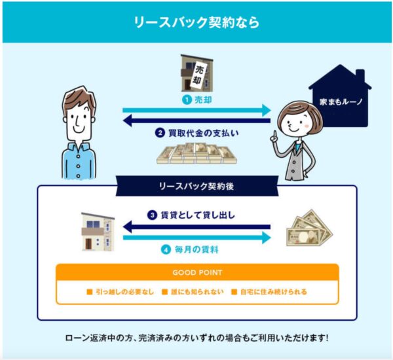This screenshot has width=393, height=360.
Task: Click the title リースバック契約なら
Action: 196,22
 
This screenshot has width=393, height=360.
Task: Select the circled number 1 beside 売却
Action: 187,100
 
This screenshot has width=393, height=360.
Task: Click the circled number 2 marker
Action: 160,133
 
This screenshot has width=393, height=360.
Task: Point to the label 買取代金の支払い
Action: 203,133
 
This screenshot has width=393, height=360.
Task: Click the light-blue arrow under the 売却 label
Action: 196,110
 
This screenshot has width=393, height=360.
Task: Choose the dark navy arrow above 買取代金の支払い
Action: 196,120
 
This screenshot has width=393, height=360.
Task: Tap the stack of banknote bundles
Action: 196,153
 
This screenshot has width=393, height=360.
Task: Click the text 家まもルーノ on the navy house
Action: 341,101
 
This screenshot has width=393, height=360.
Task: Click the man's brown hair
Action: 80,98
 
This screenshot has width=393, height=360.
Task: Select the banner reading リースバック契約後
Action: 197,186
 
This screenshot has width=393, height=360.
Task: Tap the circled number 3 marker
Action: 152,215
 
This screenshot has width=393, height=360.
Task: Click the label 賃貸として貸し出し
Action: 198,215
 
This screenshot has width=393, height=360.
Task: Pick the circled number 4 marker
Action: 166,250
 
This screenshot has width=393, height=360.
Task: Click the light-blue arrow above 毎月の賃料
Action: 197,238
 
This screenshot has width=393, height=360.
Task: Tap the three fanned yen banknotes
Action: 309,228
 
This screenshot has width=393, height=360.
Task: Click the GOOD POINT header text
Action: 198,272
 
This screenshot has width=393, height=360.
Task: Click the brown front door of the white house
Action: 88,243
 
